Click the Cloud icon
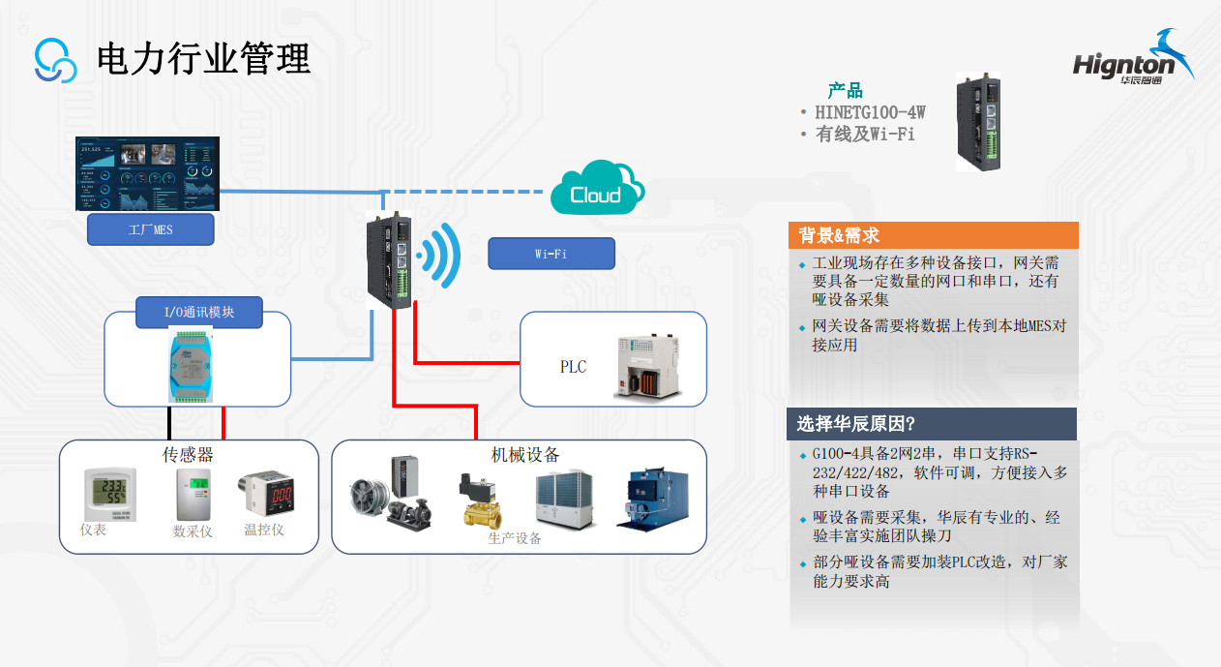click(x=596, y=190)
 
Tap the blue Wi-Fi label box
click(x=551, y=254)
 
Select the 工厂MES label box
click(x=150, y=229)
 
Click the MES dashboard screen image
click(x=147, y=173)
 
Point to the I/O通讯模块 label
click(x=198, y=313)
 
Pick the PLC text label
click(x=573, y=367)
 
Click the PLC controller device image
click(x=649, y=365)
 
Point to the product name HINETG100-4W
click(x=870, y=112)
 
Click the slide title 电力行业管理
click(x=203, y=59)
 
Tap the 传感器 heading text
click(x=188, y=455)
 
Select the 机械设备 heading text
click(x=525, y=455)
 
